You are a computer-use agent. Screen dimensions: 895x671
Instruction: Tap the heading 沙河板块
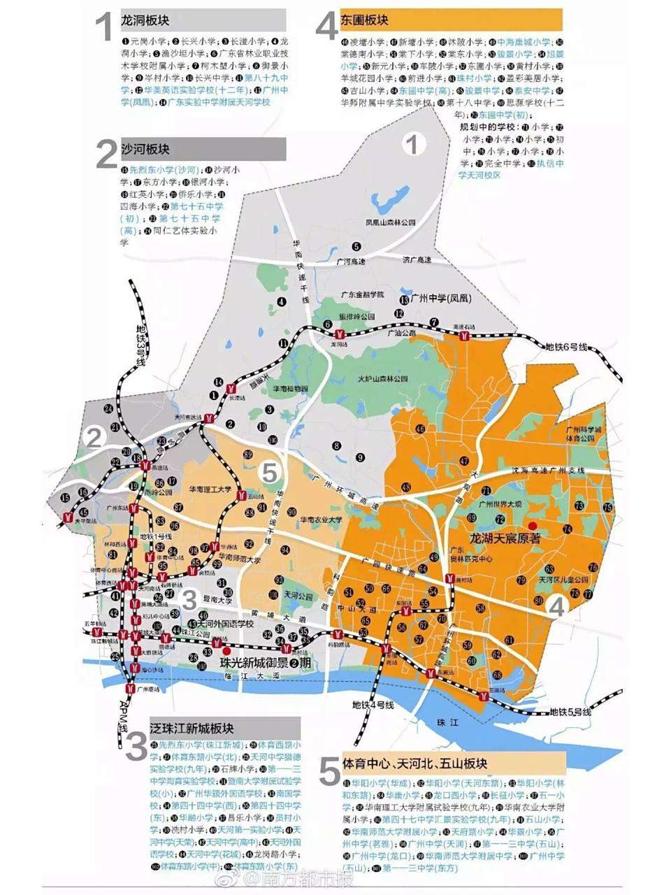(145, 149)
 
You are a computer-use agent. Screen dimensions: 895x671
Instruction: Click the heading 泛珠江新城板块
(192, 728)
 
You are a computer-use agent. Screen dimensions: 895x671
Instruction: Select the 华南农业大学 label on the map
(321, 520)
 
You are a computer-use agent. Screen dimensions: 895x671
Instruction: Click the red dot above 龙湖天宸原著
(532, 526)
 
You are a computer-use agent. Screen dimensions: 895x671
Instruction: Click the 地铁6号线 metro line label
(567, 347)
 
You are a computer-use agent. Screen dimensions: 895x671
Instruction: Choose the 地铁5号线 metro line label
(570, 712)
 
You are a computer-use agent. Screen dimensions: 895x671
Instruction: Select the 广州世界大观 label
(499, 504)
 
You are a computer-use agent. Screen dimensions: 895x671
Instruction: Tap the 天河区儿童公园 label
(563, 580)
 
